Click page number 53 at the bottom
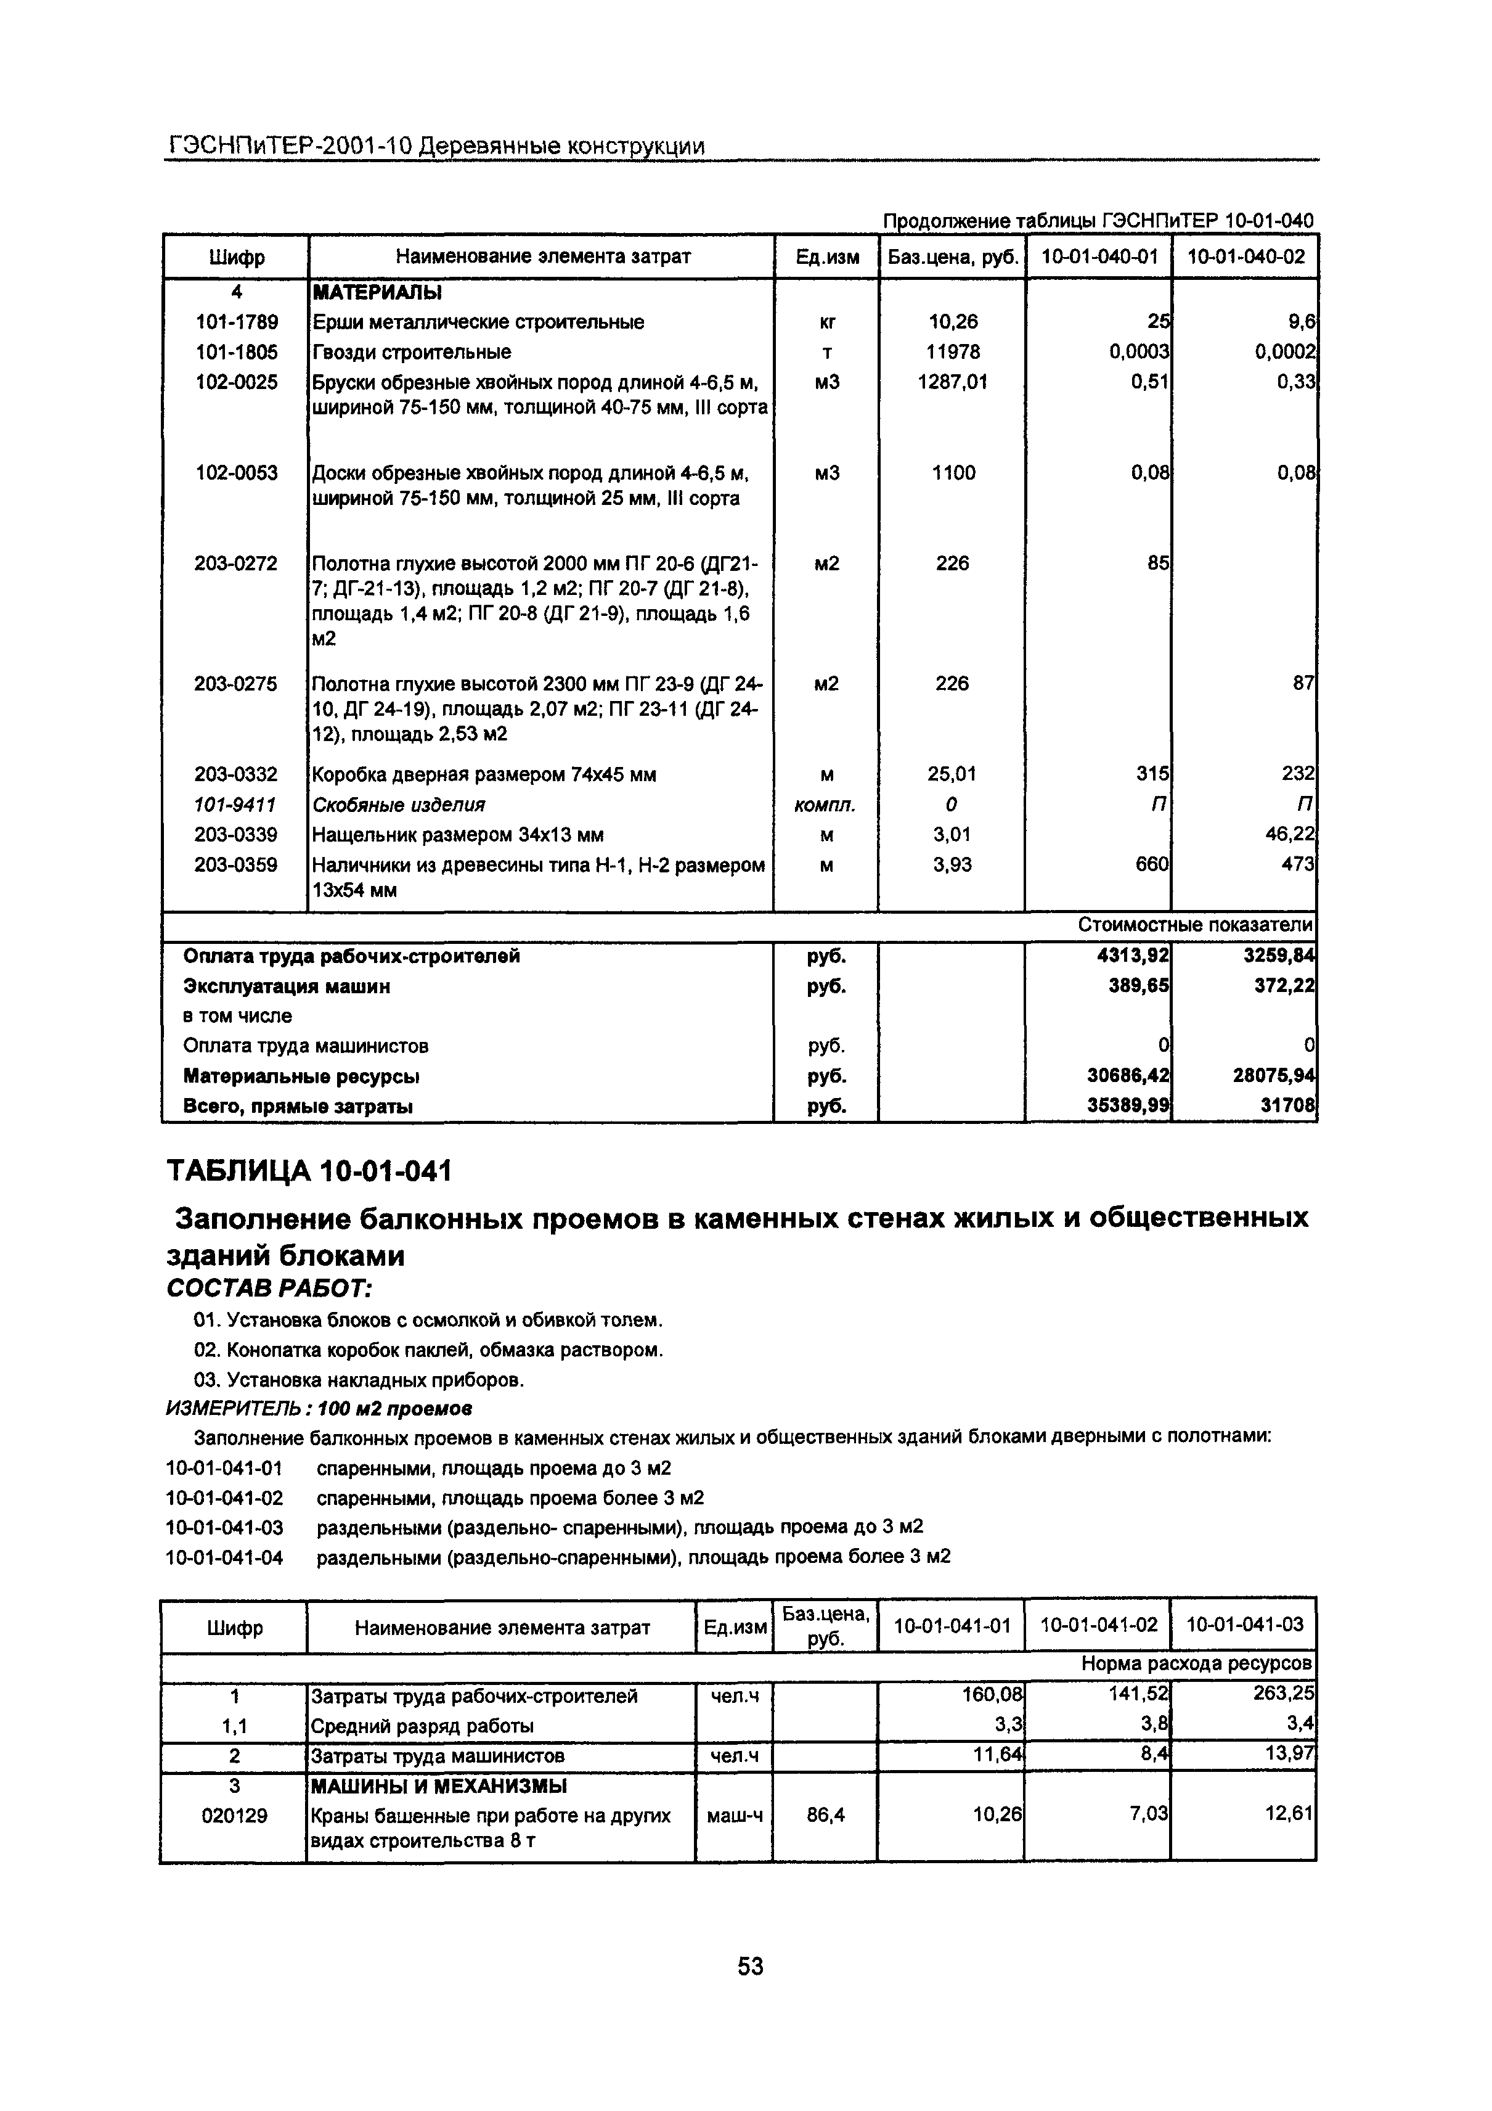tap(750, 1965)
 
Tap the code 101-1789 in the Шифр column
tap(236, 322)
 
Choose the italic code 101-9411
tap(235, 805)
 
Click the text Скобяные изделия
tap(398, 805)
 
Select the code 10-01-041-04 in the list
tap(224, 1557)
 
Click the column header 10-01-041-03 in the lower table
tap(1245, 1625)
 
